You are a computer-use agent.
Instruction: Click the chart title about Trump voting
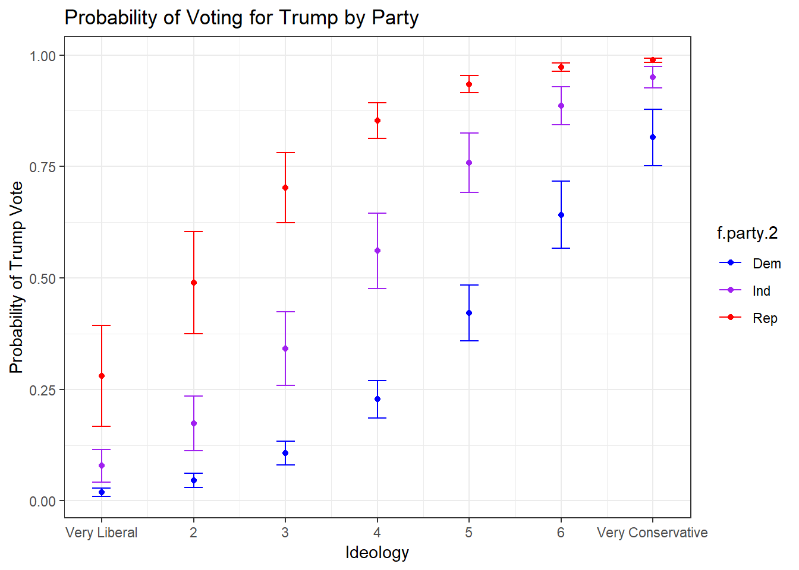click(x=241, y=18)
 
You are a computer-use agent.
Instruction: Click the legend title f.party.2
click(x=747, y=233)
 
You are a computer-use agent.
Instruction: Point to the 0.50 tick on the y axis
click(x=43, y=278)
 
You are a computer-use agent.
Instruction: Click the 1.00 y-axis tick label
click(x=43, y=56)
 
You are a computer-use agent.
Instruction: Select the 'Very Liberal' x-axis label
click(x=102, y=533)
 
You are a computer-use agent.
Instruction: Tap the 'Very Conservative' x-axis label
click(x=652, y=533)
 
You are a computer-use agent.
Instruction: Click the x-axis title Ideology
click(x=377, y=553)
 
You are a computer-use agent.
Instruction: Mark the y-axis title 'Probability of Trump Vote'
click(x=17, y=277)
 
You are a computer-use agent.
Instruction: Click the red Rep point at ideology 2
click(x=194, y=283)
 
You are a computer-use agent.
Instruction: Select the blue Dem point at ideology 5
click(x=469, y=313)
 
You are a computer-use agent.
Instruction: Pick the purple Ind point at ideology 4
click(x=378, y=251)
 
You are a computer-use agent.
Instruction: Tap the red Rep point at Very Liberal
click(x=102, y=376)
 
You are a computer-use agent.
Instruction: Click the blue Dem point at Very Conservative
click(x=653, y=137)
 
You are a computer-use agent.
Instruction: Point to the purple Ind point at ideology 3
click(x=285, y=349)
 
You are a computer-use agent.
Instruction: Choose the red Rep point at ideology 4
click(x=378, y=121)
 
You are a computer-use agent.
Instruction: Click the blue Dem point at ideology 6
click(x=561, y=215)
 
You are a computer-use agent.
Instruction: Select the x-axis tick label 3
click(x=285, y=533)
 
